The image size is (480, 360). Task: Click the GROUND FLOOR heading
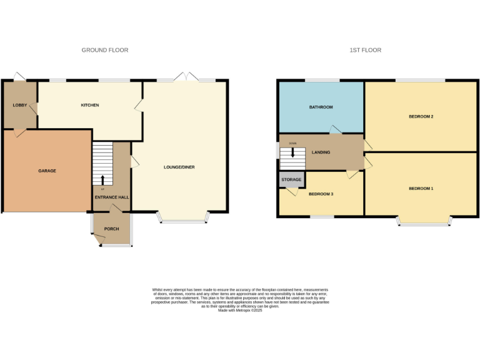click(x=105, y=50)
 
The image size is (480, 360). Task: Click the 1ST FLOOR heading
click(x=366, y=50)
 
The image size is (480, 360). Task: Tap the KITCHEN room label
click(x=90, y=105)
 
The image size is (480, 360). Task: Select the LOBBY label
click(x=19, y=105)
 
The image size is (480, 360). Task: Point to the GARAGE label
click(x=47, y=171)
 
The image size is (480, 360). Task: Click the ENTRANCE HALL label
click(x=111, y=197)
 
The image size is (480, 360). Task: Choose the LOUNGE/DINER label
click(x=179, y=167)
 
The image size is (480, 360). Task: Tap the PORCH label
click(x=111, y=229)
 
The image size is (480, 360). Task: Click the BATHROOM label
click(x=321, y=107)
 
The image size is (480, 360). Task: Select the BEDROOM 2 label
click(x=421, y=116)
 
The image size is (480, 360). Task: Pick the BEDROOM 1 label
click(x=421, y=188)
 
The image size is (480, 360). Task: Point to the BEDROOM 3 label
click(x=321, y=194)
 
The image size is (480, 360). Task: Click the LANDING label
click(x=321, y=152)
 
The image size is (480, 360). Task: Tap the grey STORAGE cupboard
click(x=291, y=179)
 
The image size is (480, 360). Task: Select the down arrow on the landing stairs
click(x=292, y=152)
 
